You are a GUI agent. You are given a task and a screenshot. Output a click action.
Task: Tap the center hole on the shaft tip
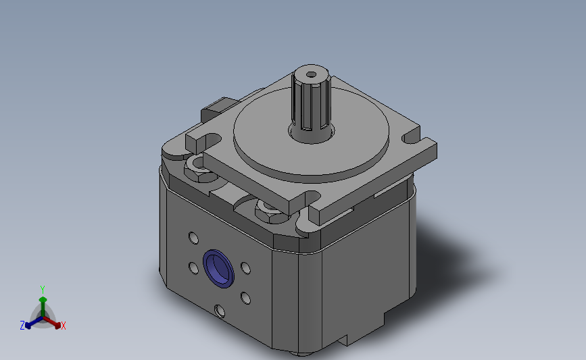tap(311, 74)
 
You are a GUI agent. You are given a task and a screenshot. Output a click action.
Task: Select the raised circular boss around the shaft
tap(311, 134)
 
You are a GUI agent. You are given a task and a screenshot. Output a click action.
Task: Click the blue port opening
tap(218, 269)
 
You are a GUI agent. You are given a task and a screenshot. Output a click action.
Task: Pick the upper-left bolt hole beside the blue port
tap(193, 238)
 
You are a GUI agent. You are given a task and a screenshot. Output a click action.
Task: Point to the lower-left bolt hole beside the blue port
tap(193, 268)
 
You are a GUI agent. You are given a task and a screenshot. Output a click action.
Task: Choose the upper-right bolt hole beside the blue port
tap(245, 268)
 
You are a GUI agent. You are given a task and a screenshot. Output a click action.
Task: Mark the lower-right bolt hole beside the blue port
tap(245, 298)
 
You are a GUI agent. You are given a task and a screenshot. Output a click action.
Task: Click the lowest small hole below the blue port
tap(220, 311)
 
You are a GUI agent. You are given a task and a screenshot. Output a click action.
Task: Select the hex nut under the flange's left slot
tap(198, 168)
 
